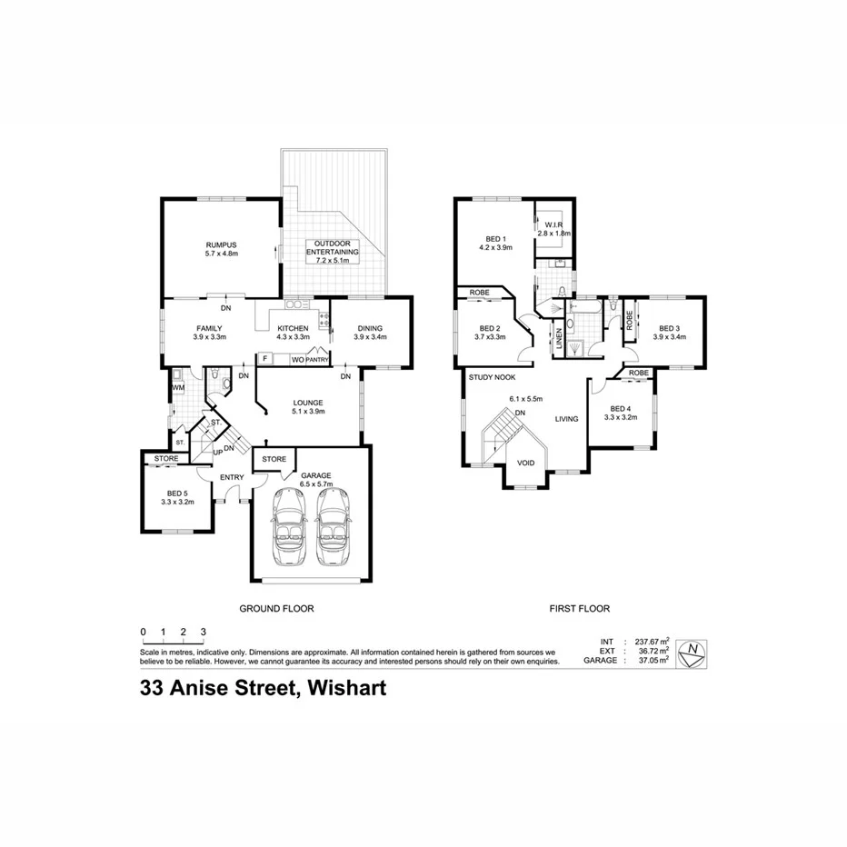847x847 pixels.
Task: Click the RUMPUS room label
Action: [x=221, y=244]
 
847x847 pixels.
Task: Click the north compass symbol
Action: [x=694, y=652]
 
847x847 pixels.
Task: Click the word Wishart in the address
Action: [x=348, y=688]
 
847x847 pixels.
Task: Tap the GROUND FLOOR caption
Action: [x=276, y=609]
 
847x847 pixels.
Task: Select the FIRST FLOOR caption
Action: [x=579, y=609]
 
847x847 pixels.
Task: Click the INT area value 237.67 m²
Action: [x=651, y=642]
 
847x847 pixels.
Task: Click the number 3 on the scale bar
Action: [x=204, y=631]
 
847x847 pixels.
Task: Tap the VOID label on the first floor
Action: [x=525, y=463]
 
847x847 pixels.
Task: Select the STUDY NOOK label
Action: [x=492, y=376]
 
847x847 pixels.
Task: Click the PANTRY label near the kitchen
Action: [x=316, y=361]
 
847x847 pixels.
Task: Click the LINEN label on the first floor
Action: [x=559, y=338]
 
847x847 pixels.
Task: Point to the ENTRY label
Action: [x=232, y=477]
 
